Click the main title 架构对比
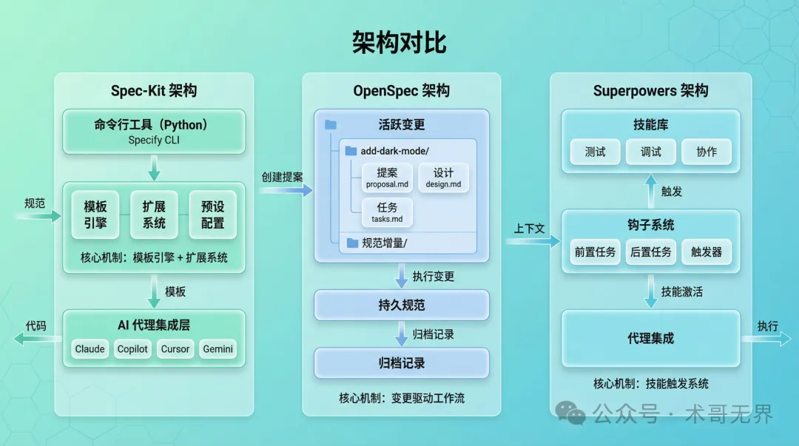point(399,42)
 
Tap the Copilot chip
point(133,349)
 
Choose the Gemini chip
point(218,349)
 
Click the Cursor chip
point(175,349)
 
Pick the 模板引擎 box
point(95,214)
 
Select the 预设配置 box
point(212,214)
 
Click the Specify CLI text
point(154,140)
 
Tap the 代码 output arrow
point(36,339)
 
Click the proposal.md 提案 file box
point(387,178)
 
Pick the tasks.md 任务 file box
point(387,212)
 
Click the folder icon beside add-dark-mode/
point(351,151)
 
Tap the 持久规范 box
point(402,305)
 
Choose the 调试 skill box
point(651,152)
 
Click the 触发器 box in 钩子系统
point(707,252)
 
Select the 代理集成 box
point(651,338)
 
